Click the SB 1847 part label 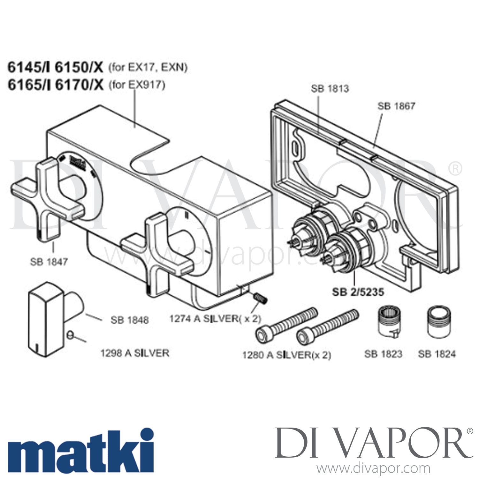[x=49, y=262]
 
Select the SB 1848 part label [x=130, y=320]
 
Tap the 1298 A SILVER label [x=135, y=353]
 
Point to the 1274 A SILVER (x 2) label [x=215, y=318]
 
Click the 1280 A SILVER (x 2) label [x=286, y=355]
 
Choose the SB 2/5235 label [x=358, y=292]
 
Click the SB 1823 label [x=383, y=354]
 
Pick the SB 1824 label [x=437, y=354]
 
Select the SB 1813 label [x=330, y=88]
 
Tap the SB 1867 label [x=396, y=106]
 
